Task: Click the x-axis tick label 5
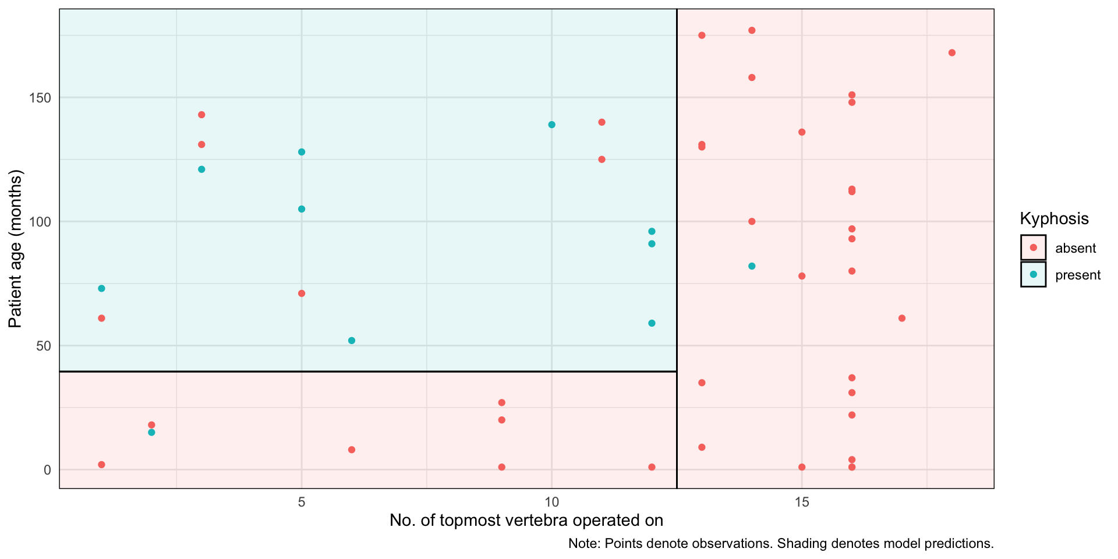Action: coord(302,502)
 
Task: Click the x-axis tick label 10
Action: coord(551,502)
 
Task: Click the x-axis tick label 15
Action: coord(802,502)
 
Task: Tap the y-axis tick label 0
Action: coord(48,470)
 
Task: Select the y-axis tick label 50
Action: coord(44,346)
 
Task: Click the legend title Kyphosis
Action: coord(1054,219)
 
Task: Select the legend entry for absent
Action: coord(1075,248)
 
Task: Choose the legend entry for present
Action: coord(1077,275)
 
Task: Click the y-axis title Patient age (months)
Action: coord(15,249)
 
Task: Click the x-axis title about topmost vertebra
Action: coord(526,520)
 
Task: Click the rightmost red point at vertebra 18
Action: coord(952,53)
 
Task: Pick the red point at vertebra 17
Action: coord(902,319)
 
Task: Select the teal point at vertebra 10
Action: coord(552,125)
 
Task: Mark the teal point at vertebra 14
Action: coord(752,266)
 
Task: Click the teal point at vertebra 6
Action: coord(352,341)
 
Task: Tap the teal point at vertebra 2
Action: coord(151,433)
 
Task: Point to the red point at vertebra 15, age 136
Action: coord(802,132)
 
